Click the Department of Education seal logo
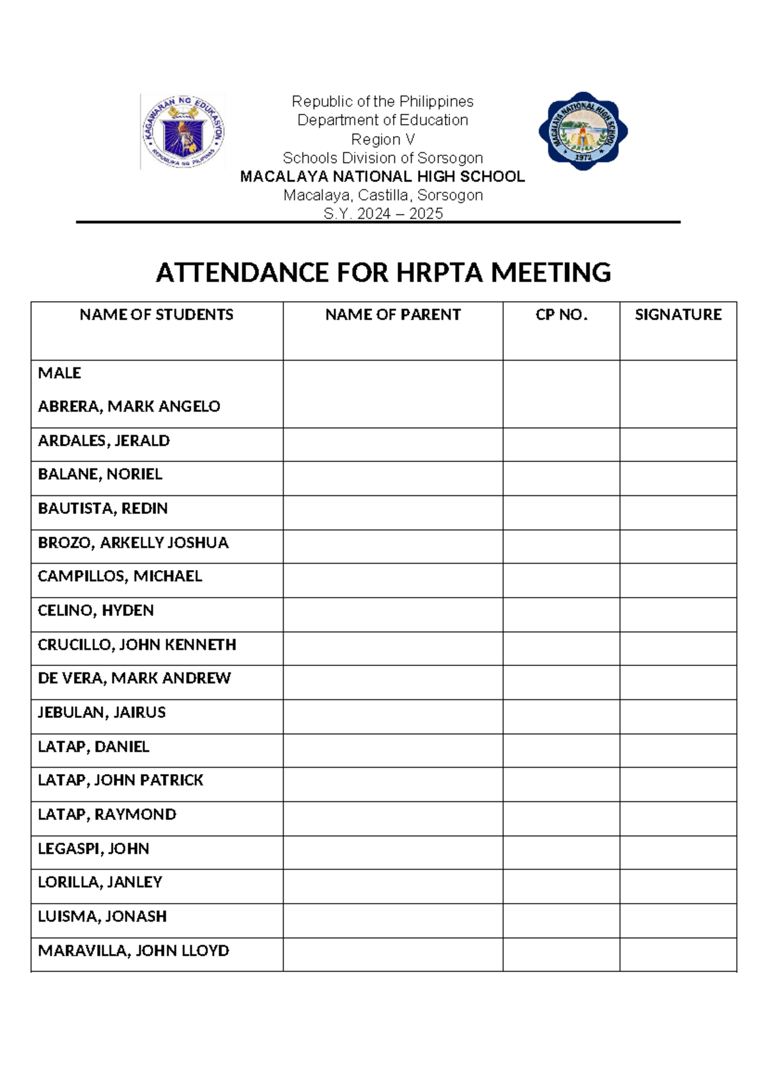[x=183, y=132]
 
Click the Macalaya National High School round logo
[x=583, y=131]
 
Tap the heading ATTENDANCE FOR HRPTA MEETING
[x=383, y=273]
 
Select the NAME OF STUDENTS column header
[x=157, y=314]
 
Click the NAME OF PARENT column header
[x=392, y=314]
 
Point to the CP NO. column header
[x=561, y=314]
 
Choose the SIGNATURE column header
[x=678, y=314]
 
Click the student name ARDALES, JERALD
[x=104, y=440]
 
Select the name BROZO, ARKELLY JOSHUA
[x=133, y=543]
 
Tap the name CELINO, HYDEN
[x=96, y=610]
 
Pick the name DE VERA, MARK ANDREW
[x=134, y=678]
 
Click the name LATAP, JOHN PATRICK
[x=120, y=780]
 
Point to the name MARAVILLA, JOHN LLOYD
[x=134, y=950]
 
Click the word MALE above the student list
[x=59, y=373]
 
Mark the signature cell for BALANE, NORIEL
[x=678, y=478]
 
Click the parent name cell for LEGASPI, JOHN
[x=392, y=852]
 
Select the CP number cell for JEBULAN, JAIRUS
[x=561, y=716]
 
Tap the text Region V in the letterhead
[x=383, y=139]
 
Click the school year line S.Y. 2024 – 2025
[x=383, y=213]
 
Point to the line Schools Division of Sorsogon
[x=383, y=158]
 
